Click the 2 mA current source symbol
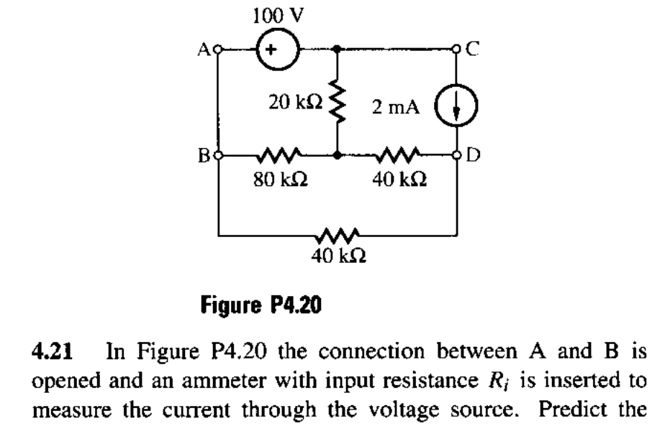(458, 114)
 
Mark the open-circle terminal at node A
(219, 50)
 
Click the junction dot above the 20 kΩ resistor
(338, 50)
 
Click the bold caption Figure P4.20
(261, 307)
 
